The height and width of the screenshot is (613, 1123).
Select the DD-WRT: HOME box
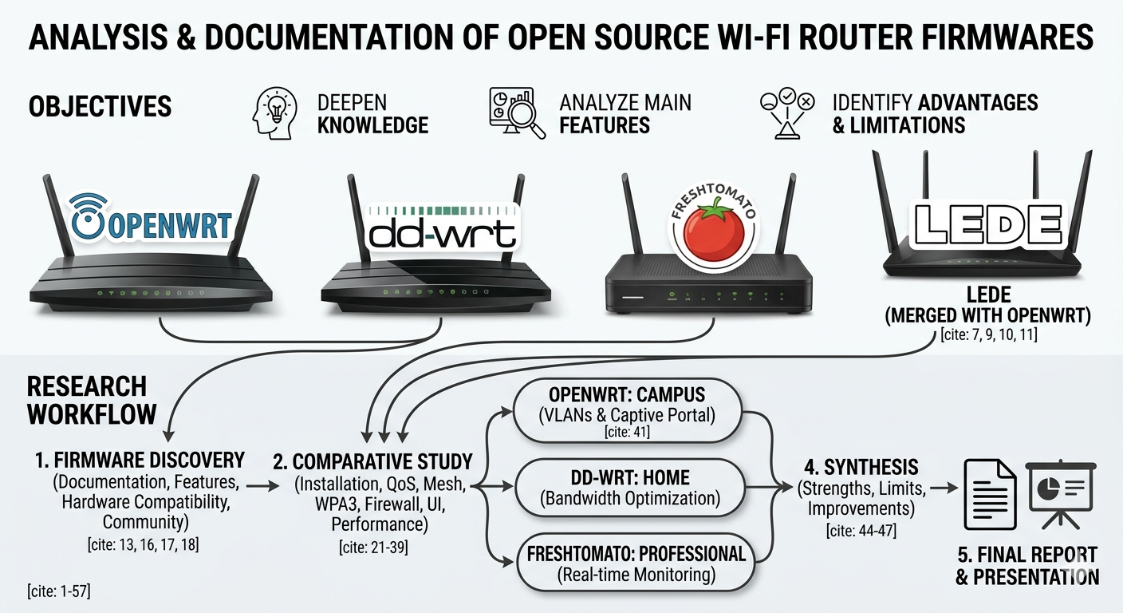630,488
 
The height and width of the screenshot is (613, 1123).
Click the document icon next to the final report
990,494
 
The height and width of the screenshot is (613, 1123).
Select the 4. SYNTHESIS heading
860,466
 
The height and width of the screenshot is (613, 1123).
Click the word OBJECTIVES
100,107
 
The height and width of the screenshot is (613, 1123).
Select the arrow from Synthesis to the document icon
942,487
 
